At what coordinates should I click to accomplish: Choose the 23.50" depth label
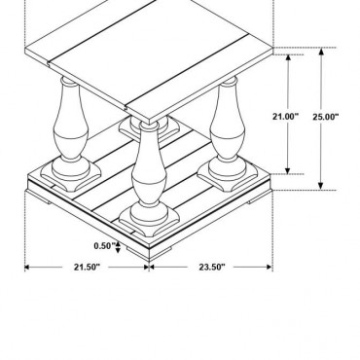tap(211, 267)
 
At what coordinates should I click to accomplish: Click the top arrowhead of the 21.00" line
tap(288, 57)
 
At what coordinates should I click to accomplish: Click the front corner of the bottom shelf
tap(149, 237)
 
